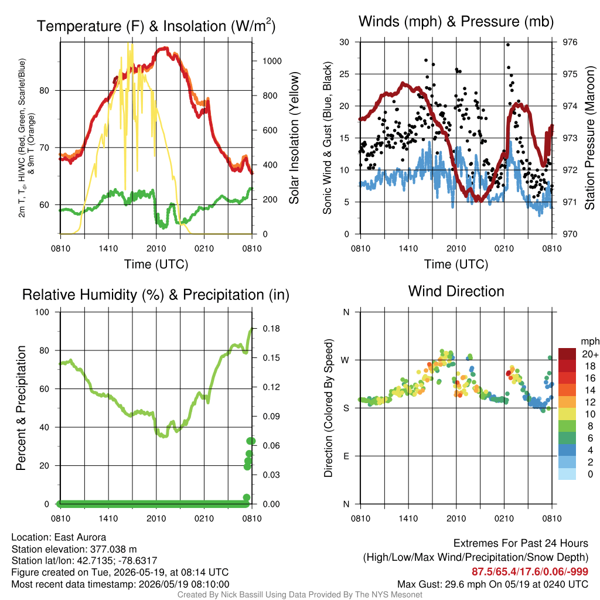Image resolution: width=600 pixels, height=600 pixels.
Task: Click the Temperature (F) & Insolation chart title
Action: click(156, 26)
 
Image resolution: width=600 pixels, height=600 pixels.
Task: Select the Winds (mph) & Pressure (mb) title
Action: click(456, 22)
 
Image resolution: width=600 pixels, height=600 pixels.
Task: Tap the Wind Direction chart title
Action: click(456, 291)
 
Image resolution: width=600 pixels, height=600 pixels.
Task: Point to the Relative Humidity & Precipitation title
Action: click(156, 295)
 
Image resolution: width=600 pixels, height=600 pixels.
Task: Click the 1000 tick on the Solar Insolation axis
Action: click(272, 61)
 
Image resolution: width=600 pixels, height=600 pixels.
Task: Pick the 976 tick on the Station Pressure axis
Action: click(570, 42)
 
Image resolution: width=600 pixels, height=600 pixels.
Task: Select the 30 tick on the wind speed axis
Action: click(344, 42)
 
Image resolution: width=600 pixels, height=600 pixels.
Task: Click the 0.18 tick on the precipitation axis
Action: click(271, 329)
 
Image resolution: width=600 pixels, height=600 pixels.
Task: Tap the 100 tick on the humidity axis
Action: click(42, 312)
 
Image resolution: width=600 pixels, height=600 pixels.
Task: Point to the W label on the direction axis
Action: click(346, 360)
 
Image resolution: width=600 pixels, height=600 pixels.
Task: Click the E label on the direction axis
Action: click(346, 456)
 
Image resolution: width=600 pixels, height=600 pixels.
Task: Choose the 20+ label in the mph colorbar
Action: click(590, 354)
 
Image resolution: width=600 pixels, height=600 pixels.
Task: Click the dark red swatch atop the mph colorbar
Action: click(567, 354)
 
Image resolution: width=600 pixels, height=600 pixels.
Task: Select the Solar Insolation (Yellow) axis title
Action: click(294, 138)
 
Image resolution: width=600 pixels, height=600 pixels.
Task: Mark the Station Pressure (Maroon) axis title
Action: click(589, 138)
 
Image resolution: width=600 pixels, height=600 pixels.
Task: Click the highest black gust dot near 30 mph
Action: click(508, 45)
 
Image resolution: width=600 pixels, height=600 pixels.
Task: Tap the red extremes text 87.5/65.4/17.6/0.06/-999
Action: click(530, 572)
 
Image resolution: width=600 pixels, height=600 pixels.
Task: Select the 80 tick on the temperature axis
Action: click(45, 91)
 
